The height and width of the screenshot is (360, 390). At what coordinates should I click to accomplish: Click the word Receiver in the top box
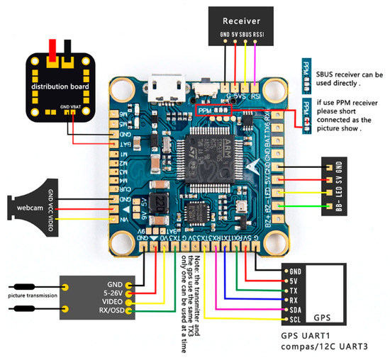point(241,21)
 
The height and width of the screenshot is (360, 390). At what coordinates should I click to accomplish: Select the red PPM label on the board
point(205,111)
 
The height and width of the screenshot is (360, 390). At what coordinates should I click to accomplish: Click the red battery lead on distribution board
point(52,49)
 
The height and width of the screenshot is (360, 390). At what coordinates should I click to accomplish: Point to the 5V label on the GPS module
point(292,281)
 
